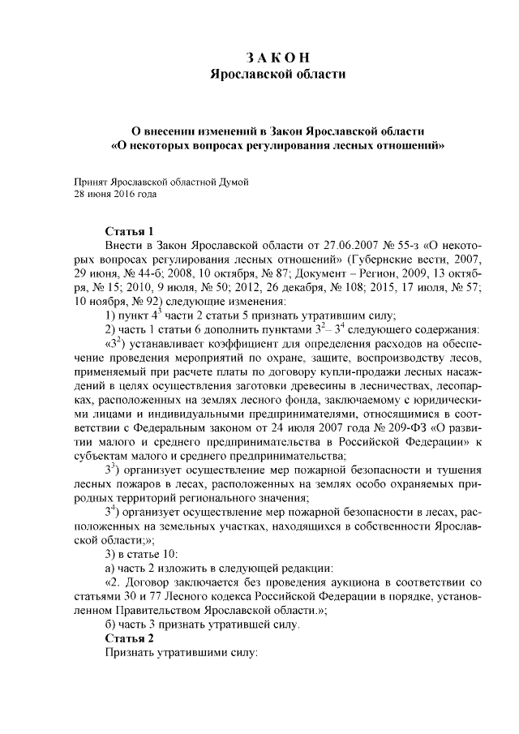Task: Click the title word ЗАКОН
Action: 278,58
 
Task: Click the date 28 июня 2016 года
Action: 114,195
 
